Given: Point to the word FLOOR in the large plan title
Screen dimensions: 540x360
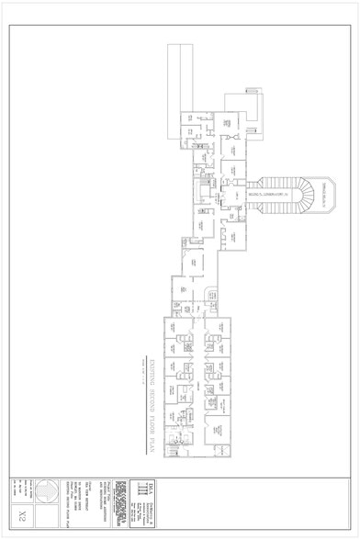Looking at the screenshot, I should pyautogui.click(x=150, y=419).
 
